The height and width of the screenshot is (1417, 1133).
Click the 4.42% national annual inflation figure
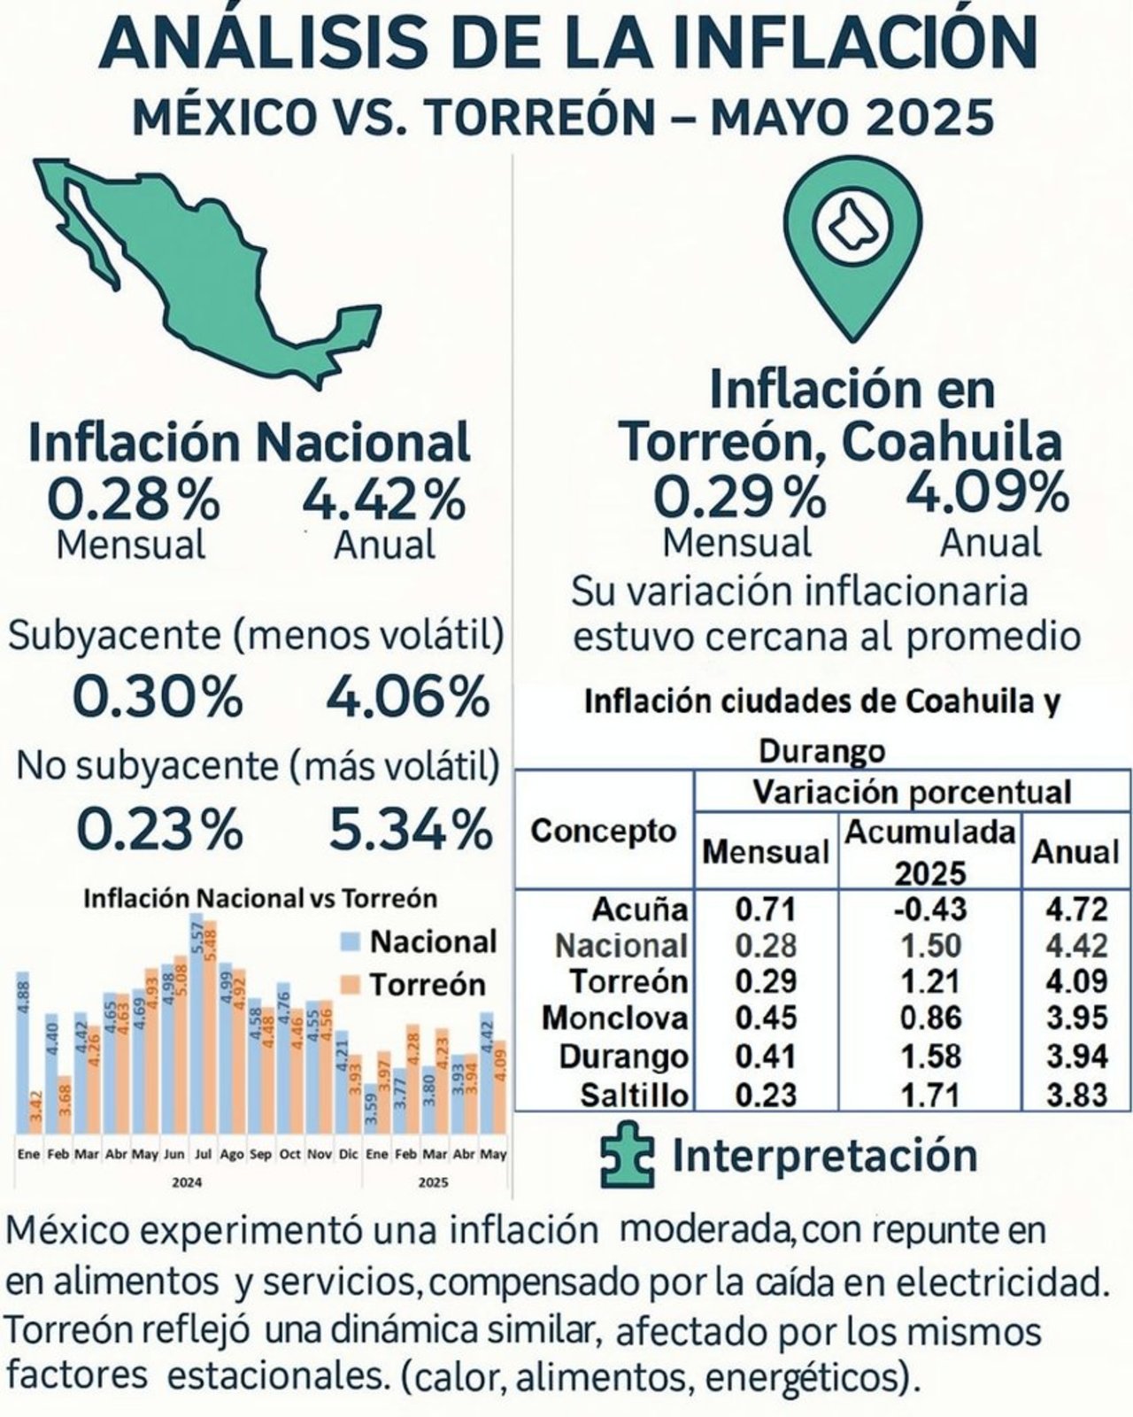point(383,500)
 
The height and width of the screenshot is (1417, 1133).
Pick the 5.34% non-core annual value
point(410,830)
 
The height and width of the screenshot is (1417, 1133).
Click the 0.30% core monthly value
point(157,697)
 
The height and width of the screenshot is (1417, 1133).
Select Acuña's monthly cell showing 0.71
point(766,910)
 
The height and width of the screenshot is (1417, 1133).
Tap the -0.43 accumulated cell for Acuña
point(929,910)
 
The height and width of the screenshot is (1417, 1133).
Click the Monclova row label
point(614,1018)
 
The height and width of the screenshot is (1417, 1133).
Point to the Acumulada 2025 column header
point(929,852)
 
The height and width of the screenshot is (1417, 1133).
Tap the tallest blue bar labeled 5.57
point(197,1027)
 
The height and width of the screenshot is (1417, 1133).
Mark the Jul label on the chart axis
point(203,1155)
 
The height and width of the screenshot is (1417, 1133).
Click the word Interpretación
point(824,1156)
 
